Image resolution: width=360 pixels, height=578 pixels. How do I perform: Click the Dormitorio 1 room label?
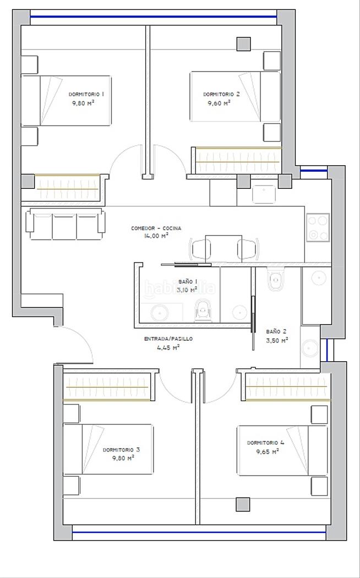pos(86,94)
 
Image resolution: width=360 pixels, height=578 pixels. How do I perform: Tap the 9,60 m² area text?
pos(219,103)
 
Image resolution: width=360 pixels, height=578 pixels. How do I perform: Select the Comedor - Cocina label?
pos(156,228)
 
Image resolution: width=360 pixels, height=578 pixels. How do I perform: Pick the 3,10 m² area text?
pos(187,290)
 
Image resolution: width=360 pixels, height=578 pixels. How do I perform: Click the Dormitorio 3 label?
pos(121,450)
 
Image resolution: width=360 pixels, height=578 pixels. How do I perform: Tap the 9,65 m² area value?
pos(268,451)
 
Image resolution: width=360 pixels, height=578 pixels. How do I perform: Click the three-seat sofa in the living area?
pos(65,223)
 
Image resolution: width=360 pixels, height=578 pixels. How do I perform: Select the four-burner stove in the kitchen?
pos(318,227)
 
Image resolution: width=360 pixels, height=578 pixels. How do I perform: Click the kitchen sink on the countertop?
pos(264,194)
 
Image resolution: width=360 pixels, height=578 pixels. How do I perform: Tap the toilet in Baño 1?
pos(203,309)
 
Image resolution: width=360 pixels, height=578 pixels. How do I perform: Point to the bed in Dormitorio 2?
pos(235,96)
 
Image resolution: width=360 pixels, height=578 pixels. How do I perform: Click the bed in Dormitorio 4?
pos(282,450)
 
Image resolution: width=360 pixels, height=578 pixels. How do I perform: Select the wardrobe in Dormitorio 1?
pos(67,187)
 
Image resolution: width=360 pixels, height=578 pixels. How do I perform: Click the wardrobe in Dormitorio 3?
pos(107,386)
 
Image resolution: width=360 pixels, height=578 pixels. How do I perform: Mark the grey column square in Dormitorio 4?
pos(243,504)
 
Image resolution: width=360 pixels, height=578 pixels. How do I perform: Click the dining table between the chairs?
pos(223,249)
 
